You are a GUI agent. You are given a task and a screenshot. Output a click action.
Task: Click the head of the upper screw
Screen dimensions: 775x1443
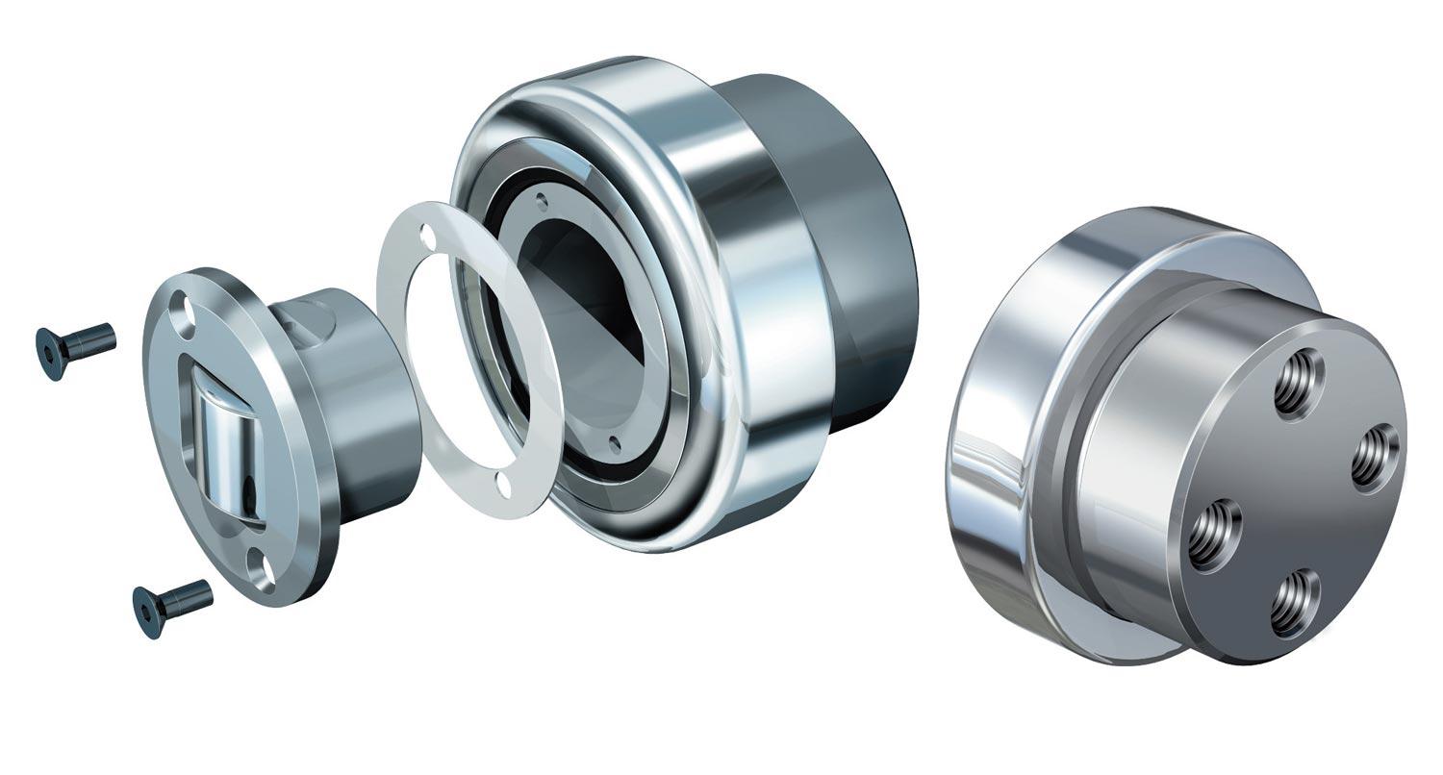click(49, 352)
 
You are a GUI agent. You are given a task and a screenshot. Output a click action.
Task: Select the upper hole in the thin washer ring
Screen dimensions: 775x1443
click(427, 237)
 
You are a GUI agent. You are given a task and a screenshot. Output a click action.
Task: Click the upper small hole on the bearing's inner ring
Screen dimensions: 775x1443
click(543, 203)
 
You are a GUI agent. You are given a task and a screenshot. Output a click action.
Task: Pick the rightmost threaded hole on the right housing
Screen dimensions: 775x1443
click(1376, 457)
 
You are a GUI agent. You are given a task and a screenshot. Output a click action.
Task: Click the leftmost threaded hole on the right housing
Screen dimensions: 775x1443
click(1215, 534)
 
